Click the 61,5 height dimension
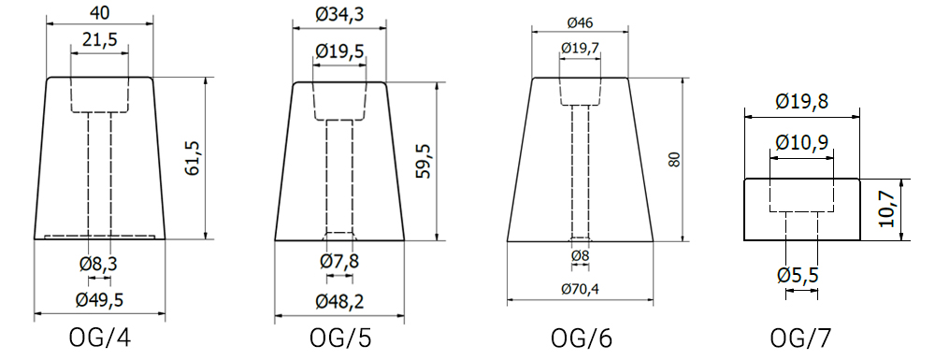(192, 158)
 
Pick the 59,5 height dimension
(424, 161)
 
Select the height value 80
(674, 159)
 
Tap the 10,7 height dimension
(887, 209)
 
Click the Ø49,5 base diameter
(100, 300)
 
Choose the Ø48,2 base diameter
(340, 301)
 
